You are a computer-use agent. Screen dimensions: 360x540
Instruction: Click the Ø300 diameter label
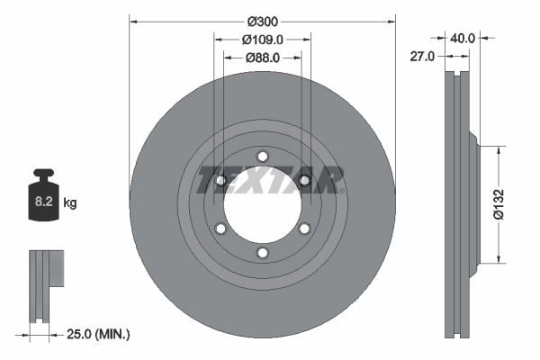click(262, 21)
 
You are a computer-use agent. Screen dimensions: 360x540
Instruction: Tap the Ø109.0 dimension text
click(263, 40)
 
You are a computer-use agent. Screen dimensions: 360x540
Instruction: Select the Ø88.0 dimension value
click(263, 58)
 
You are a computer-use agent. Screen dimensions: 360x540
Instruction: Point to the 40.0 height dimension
click(463, 39)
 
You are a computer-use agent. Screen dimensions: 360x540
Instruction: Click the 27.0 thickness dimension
click(422, 56)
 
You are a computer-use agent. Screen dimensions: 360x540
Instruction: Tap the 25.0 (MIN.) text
click(99, 335)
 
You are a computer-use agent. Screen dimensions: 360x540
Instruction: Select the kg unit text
click(70, 203)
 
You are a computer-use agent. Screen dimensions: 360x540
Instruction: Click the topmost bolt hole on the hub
click(262, 154)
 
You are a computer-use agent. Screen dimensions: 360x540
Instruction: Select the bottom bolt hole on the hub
click(262, 254)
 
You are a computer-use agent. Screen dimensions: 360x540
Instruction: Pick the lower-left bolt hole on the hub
click(220, 229)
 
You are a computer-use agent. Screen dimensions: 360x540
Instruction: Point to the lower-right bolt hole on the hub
click(305, 229)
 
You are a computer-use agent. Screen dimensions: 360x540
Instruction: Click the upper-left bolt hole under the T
click(220, 180)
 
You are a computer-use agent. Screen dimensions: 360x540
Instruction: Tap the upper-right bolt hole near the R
click(305, 180)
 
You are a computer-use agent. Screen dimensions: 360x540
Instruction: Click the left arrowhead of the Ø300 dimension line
click(133, 20)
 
